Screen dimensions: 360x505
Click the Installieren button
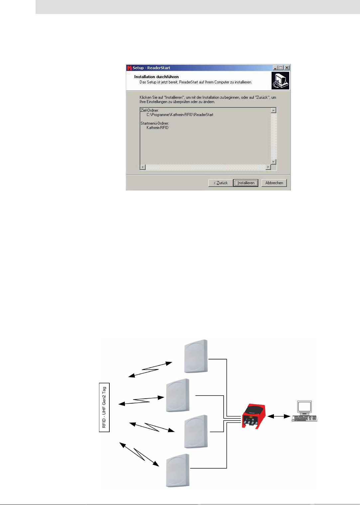click(x=246, y=183)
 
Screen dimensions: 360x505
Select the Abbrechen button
click(x=274, y=183)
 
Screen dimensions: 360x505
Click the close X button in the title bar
click(x=287, y=68)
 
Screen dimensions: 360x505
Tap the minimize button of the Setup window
click(x=275, y=68)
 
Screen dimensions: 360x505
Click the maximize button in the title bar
click(x=281, y=68)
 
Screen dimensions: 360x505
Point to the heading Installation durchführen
click(x=156, y=77)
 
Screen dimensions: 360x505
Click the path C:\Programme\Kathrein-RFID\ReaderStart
click(x=180, y=115)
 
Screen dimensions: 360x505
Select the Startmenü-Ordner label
click(x=155, y=123)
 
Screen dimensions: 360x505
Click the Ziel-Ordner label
click(x=150, y=110)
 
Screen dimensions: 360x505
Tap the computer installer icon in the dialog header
click(x=280, y=81)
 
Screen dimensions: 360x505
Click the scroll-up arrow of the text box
click(x=274, y=110)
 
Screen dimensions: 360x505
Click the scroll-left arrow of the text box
click(x=143, y=167)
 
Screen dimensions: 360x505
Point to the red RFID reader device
click(x=254, y=416)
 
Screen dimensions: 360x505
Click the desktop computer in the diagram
click(x=304, y=411)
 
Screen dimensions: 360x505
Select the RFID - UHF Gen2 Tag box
click(x=104, y=407)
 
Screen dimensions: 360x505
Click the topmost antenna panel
click(x=196, y=356)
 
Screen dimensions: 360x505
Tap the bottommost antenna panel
click(x=178, y=470)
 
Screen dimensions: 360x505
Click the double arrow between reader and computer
click(x=279, y=416)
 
